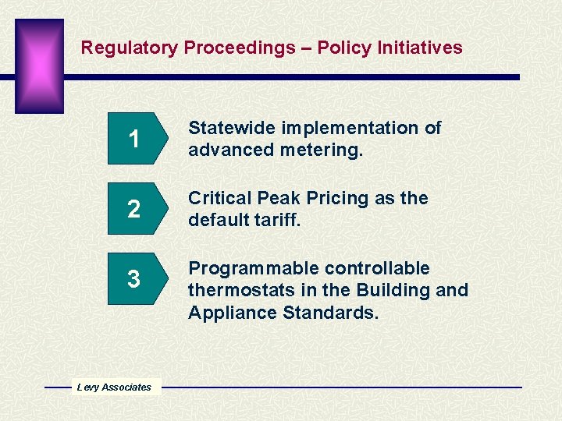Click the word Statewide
[232, 128]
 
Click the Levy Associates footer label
[114, 387]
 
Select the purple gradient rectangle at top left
[39, 66]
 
